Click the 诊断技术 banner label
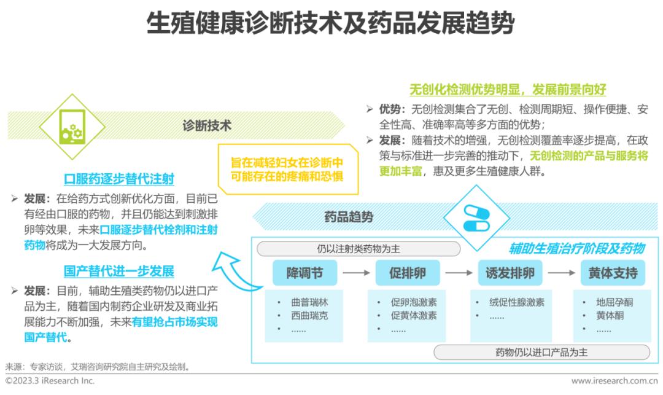pos(207,125)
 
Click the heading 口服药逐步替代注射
pos(119,179)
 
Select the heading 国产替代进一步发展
pos(119,271)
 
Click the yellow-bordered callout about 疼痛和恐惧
pos(287,168)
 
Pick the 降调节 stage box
pos(304,273)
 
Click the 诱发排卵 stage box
pos(509,273)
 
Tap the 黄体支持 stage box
pos(612,273)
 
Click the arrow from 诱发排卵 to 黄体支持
pos(560,273)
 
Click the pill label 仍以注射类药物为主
pos(358,249)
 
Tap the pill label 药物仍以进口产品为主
pos(541,353)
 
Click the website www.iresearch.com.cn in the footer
pos(614,381)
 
